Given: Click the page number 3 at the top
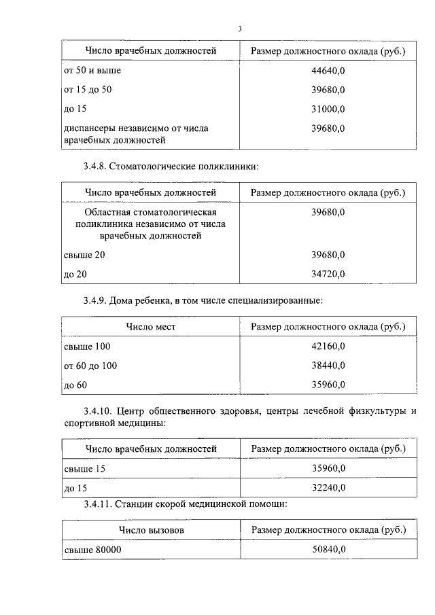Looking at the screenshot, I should click(240, 29).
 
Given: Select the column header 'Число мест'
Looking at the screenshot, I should click(150, 327).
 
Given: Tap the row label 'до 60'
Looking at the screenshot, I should click(75, 385).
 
